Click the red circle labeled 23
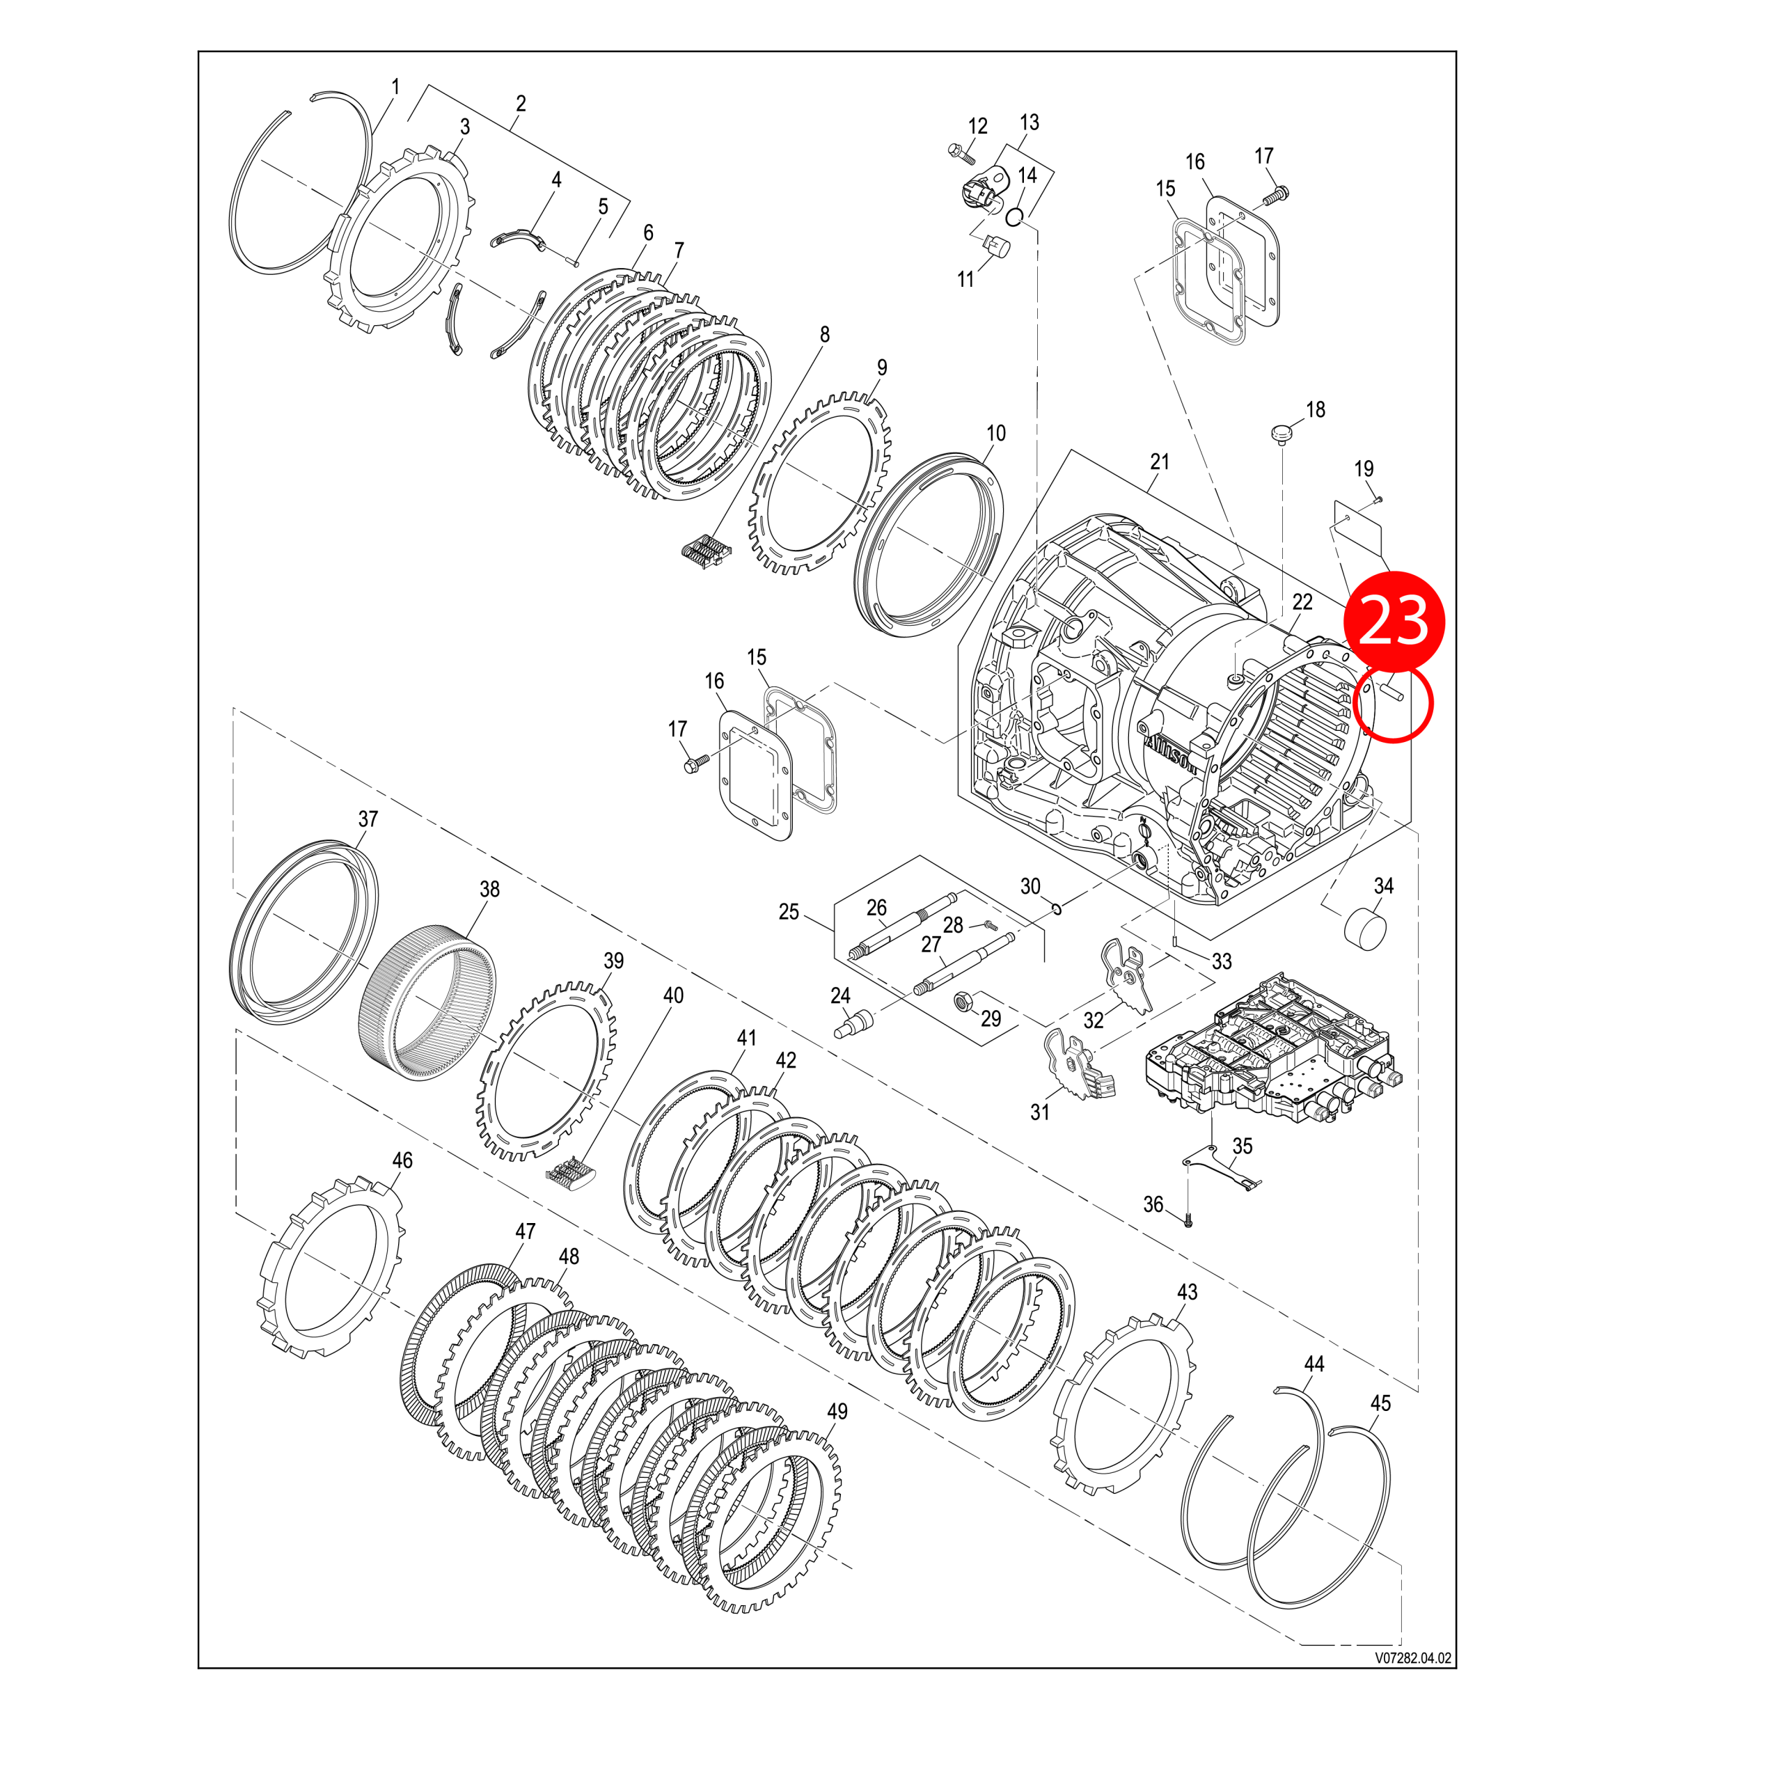pyautogui.click(x=1394, y=619)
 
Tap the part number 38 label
pyautogui.click(x=490, y=889)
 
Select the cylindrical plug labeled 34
pyautogui.click(x=1367, y=933)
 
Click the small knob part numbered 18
pyautogui.click(x=1281, y=431)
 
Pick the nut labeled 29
pyautogui.click(x=960, y=999)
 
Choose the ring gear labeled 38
pyautogui.click(x=426, y=1007)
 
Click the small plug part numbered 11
pyautogui.click(x=997, y=247)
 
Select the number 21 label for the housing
pyautogui.click(x=1160, y=462)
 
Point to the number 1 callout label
pyautogui.click(x=395, y=87)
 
